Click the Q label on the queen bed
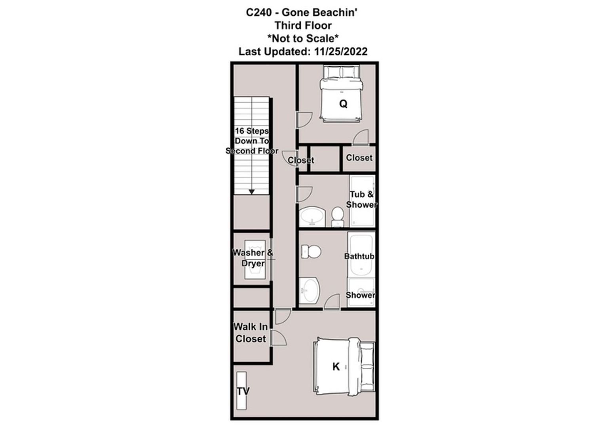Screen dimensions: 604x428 (x=343, y=104)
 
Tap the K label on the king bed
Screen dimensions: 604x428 (x=336, y=367)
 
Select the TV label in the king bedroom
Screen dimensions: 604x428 (x=243, y=391)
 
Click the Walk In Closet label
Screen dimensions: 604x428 (x=251, y=332)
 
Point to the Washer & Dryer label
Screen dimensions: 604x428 (x=253, y=258)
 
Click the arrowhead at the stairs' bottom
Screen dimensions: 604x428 (x=252, y=192)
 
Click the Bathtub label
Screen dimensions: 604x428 (x=359, y=256)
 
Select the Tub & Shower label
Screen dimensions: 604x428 (x=362, y=199)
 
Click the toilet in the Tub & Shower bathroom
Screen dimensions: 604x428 (x=337, y=216)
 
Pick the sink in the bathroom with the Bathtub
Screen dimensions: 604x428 (x=310, y=290)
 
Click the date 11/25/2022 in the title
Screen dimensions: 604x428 (x=341, y=52)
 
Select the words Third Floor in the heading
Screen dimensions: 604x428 (x=303, y=26)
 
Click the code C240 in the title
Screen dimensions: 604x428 (x=259, y=12)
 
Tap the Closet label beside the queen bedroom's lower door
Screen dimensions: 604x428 (x=359, y=158)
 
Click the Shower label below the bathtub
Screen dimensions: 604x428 (x=361, y=295)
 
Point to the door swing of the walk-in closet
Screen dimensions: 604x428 (x=279, y=338)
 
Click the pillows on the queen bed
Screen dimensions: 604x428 (x=341, y=72)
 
